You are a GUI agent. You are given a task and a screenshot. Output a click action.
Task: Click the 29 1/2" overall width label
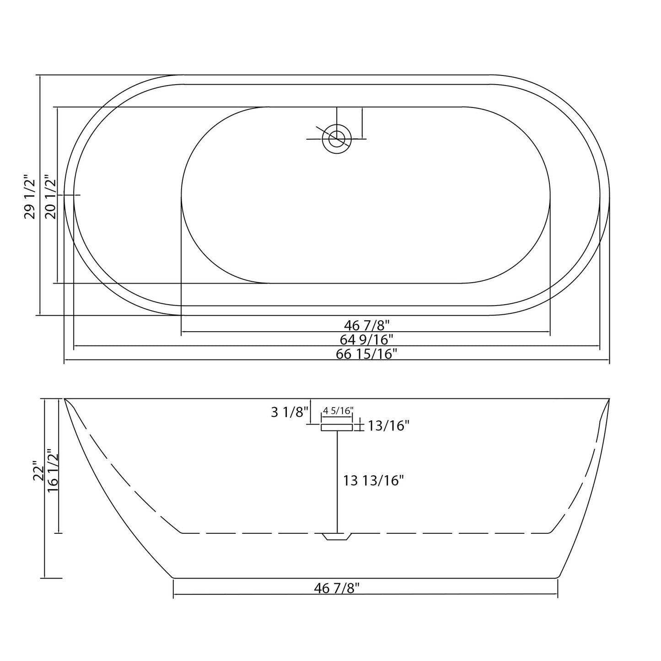[x=30, y=196]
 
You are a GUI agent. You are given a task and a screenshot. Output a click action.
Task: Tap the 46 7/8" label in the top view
[x=366, y=325]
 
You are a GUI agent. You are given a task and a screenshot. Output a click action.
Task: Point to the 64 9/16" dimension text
[x=366, y=339]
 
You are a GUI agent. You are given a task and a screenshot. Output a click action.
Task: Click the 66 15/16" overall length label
[x=366, y=354]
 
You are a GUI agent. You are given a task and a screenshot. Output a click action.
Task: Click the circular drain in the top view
[x=337, y=139]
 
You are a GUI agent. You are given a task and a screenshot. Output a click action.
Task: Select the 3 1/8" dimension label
[x=290, y=412]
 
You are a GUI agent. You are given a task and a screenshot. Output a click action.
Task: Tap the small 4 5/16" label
[x=338, y=411]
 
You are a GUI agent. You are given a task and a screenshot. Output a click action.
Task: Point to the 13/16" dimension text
[x=388, y=426]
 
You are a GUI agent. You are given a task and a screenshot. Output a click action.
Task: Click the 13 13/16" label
[x=373, y=480]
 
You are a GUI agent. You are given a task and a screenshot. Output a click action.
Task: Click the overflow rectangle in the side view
[x=337, y=427]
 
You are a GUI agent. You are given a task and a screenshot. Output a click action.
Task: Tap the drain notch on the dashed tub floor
[x=337, y=537]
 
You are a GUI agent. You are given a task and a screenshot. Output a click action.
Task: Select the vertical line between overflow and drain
[x=338, y=480]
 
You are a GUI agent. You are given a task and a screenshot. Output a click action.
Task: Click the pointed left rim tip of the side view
[x=65, y=400]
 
